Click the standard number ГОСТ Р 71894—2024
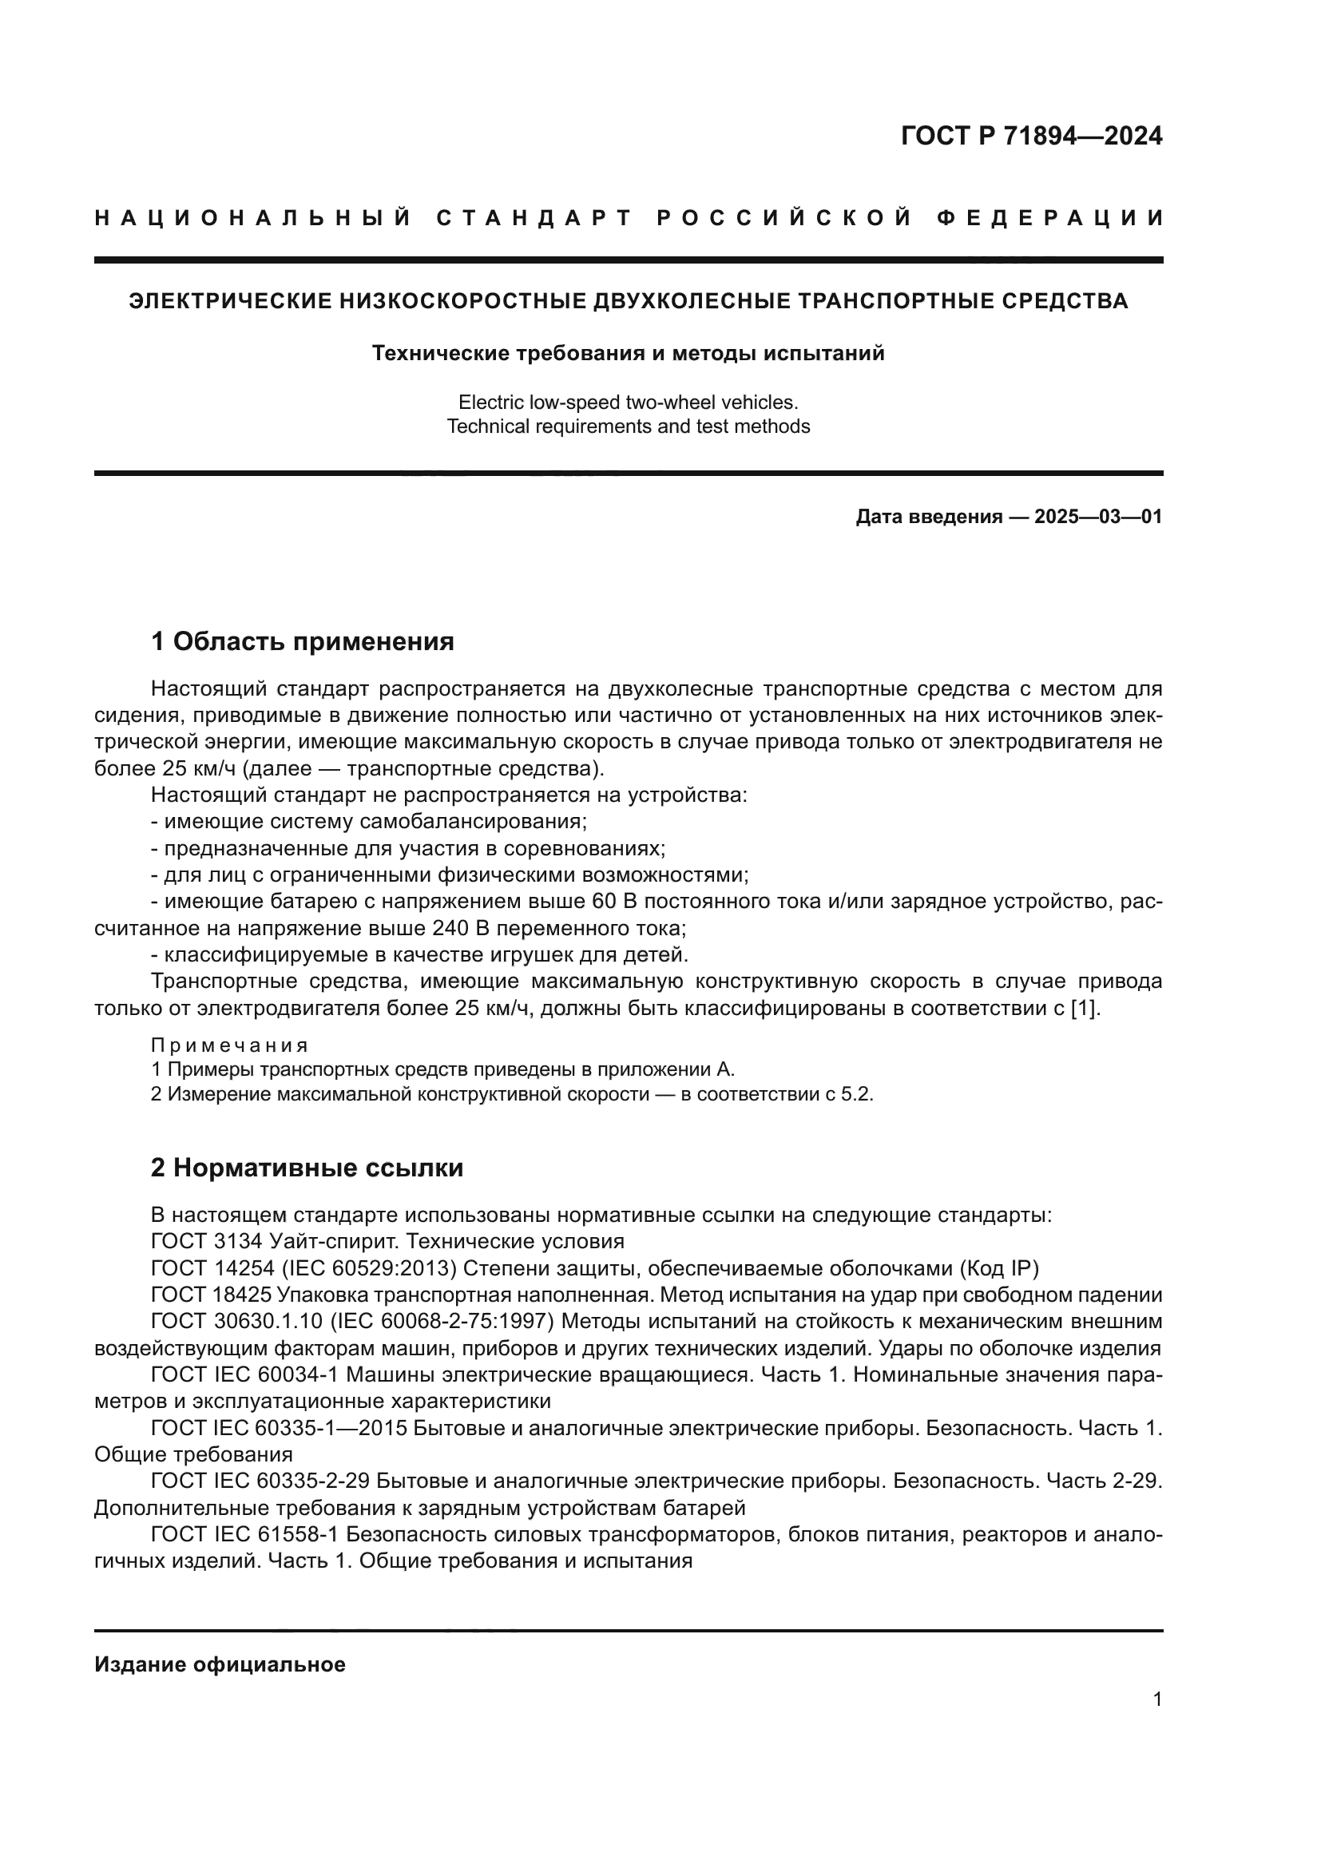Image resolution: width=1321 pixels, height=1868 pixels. [1030, 136]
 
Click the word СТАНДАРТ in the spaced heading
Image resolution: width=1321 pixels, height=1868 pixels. [534, 218]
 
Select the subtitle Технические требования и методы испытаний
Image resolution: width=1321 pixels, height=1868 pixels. [628, 353]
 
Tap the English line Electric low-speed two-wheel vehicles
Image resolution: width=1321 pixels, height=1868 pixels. [628, 402]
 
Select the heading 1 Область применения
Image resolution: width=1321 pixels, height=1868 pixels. [303, 642]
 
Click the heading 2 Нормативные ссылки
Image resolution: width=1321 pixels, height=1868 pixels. [307, 1168]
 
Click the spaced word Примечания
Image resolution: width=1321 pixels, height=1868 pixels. [229, 1045]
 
